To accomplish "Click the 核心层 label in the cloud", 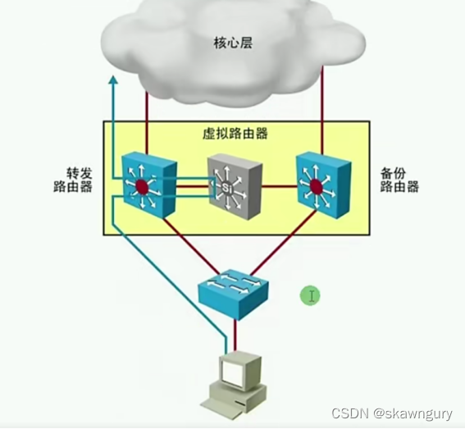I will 232,42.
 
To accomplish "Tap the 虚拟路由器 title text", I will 235,134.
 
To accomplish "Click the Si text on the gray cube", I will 227,189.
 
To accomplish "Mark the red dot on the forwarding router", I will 143,188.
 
